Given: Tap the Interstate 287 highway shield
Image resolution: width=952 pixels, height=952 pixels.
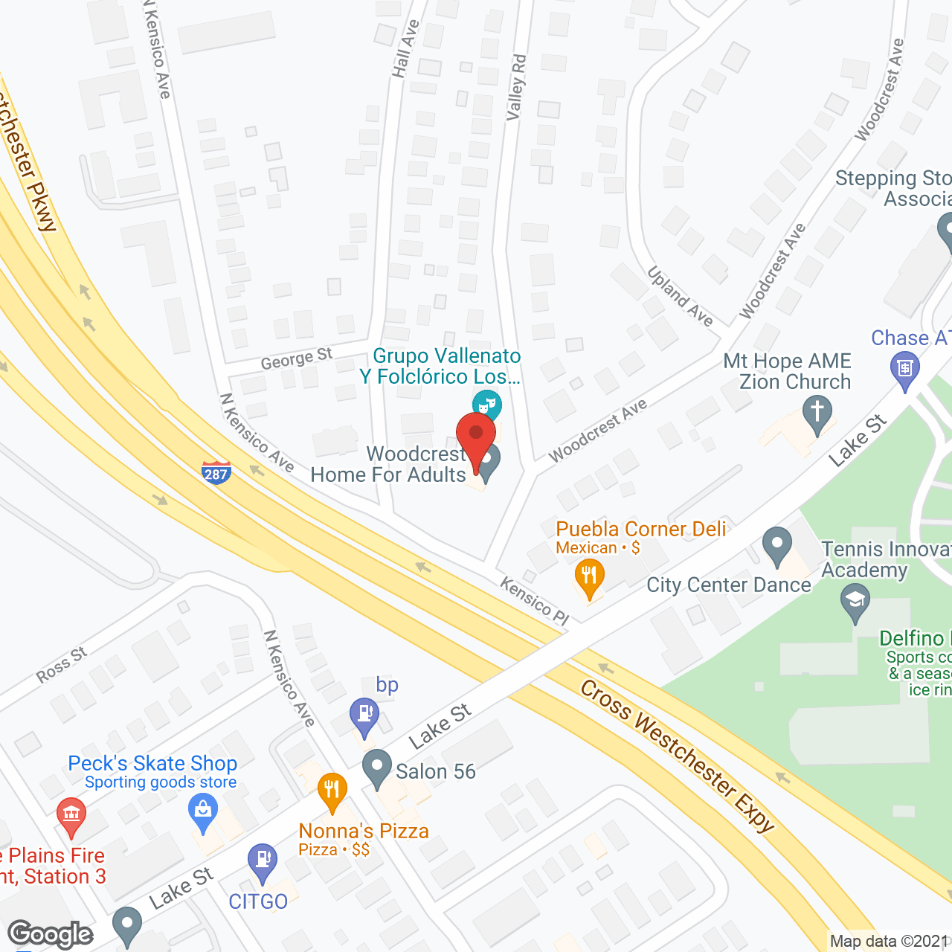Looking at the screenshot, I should tap(216, 472).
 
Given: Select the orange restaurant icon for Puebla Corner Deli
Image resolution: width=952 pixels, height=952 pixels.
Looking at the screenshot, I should tap(589, 578).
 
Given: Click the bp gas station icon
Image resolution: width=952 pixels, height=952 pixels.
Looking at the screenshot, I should tap(364, 715).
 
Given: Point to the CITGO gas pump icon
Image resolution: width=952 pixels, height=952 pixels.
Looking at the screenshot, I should tap(262, 861).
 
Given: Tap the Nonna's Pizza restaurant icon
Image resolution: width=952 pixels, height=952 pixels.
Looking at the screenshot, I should tap(332, 790).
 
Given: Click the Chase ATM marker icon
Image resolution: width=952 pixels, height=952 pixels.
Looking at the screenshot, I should tap(905, 369).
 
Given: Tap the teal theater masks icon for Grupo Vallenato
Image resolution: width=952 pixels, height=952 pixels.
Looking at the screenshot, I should tap(487, 405).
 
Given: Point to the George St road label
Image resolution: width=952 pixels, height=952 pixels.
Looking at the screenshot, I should tap(296, 358).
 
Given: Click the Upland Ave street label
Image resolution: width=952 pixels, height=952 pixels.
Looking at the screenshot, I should tap(680, 296).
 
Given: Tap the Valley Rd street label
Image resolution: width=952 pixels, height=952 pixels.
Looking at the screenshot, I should tap(516, 87).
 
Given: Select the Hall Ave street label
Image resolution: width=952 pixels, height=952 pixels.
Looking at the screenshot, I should tap(405, 49).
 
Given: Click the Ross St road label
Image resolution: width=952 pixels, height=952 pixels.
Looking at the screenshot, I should tap(62, 665).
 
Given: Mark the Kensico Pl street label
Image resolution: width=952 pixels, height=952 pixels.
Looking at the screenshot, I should tap(534, 599).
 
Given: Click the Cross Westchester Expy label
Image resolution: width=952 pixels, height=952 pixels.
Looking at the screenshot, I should tap(677, 755).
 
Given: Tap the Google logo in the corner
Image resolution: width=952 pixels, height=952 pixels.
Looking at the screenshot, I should tap(51, 934).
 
